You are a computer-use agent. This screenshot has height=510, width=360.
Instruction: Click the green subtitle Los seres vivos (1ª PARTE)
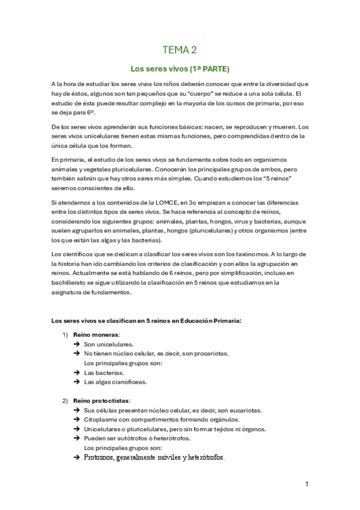[180, 69]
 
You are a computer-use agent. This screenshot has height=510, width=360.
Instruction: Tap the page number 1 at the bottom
[307, 483]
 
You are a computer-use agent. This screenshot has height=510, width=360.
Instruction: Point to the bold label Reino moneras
[96, 334]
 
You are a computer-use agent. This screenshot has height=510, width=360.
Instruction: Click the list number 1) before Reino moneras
[66, 334]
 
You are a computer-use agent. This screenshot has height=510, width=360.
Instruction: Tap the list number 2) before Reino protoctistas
[66, 401]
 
